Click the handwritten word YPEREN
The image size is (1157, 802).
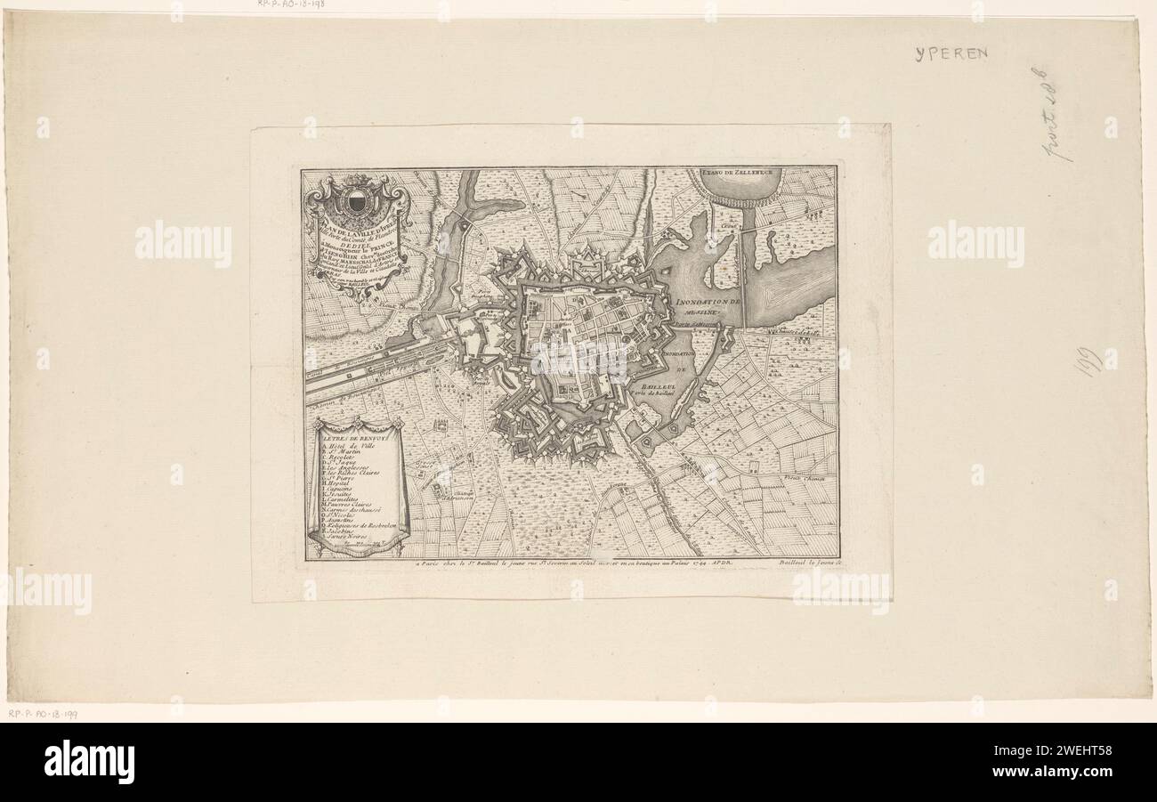(951, 53)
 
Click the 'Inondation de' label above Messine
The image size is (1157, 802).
(708, 304)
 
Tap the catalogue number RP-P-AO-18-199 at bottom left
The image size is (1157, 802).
(43, 714)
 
